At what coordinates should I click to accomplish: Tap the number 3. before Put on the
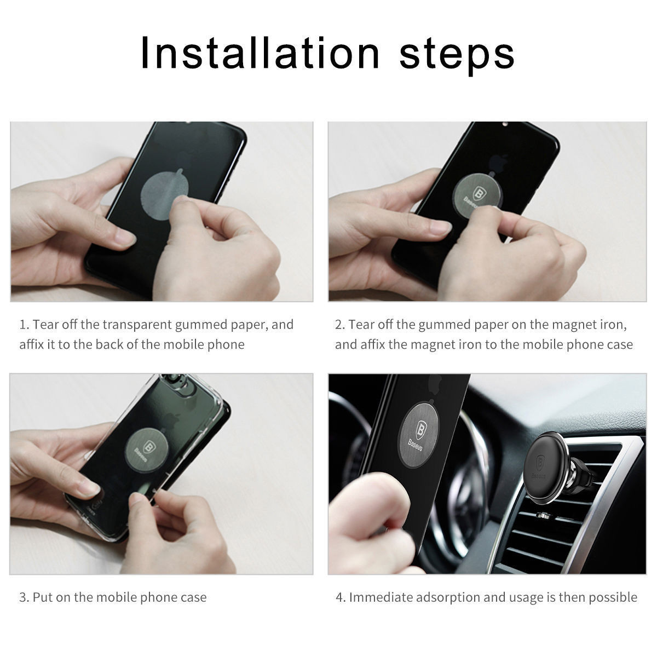[24, 597]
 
